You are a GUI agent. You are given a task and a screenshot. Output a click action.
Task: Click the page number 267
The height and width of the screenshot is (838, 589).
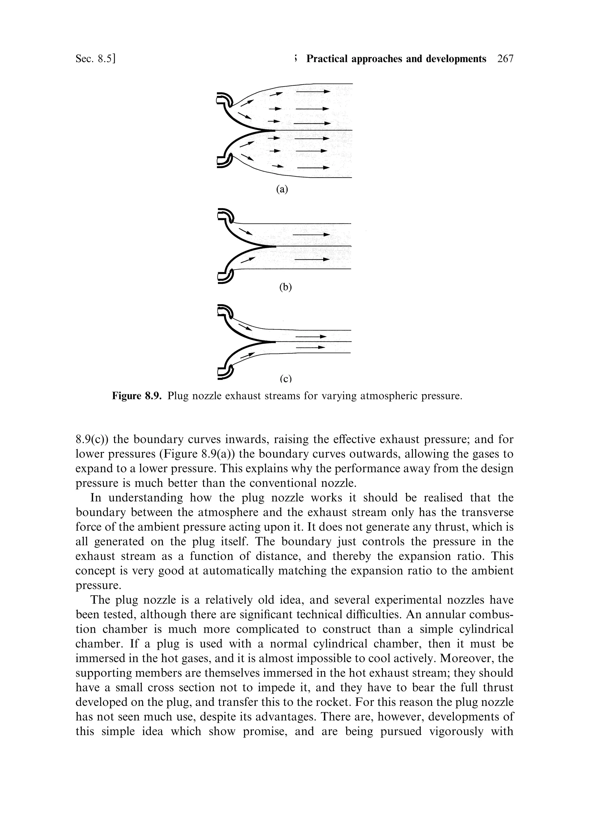coord(505,59)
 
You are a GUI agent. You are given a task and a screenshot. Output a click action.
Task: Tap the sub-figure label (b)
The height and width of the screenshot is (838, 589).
coord(286,287)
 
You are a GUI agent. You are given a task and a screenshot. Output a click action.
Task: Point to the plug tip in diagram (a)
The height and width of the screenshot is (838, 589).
coord(272,130)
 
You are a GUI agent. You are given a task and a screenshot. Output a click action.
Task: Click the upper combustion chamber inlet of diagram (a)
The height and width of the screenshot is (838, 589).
coord(223,99)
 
